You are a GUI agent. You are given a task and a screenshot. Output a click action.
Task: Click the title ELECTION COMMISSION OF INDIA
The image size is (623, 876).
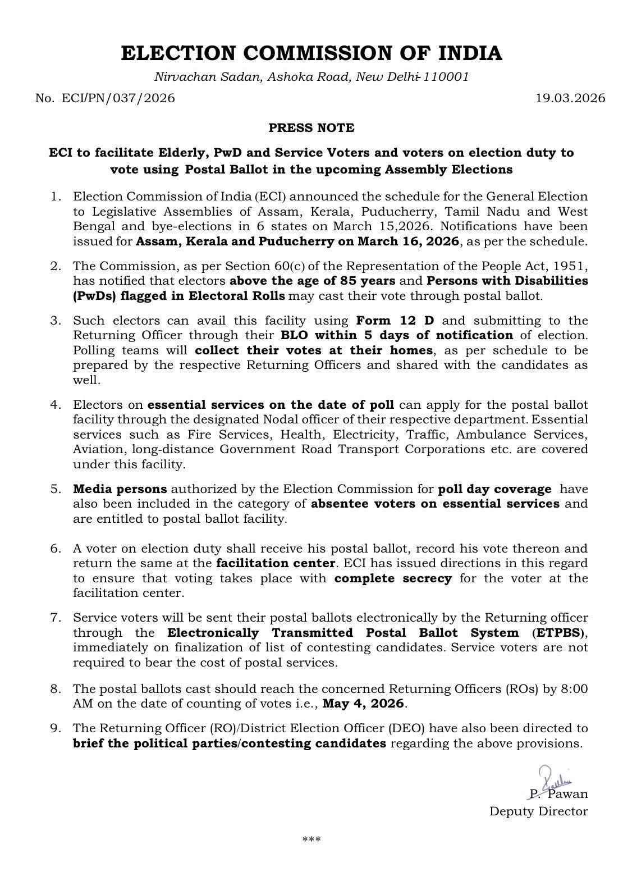(x=311, y=53)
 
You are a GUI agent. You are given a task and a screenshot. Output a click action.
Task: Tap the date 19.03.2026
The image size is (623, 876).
(x=570, y=98)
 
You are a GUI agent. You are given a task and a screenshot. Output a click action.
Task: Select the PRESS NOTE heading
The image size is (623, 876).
(x=311, y=128)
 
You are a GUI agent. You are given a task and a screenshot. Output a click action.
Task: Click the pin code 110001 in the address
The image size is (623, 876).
(x=446, y=77)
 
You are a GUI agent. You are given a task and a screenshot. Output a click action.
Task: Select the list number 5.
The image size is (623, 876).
(x=56, y=489)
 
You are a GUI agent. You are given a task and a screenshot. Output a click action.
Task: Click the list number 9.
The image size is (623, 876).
(x=56, y=728)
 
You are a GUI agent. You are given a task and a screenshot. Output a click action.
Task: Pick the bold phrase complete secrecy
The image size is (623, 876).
(x=393, y=578)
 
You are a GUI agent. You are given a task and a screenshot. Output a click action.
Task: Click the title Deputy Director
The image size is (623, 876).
(x=539, y=811)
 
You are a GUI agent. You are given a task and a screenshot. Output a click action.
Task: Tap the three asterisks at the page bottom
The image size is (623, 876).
(x=311, y=840)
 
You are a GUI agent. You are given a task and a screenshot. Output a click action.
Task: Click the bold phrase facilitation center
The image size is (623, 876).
(x=276, y=563)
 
